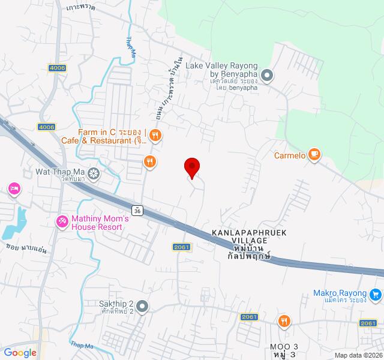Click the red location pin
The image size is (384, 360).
(192, 167)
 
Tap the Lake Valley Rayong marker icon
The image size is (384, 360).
(268, 75)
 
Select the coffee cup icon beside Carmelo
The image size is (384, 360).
(314, 155)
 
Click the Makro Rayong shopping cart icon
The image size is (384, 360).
(376, 294)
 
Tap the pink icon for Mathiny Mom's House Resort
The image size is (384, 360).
(62, 222)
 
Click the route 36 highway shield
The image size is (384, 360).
(138, 211)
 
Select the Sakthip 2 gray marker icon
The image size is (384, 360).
(142, 307)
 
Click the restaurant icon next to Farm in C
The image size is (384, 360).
(155, 134)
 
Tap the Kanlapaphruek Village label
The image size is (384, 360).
(245, 239)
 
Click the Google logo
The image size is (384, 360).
(20, 352)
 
